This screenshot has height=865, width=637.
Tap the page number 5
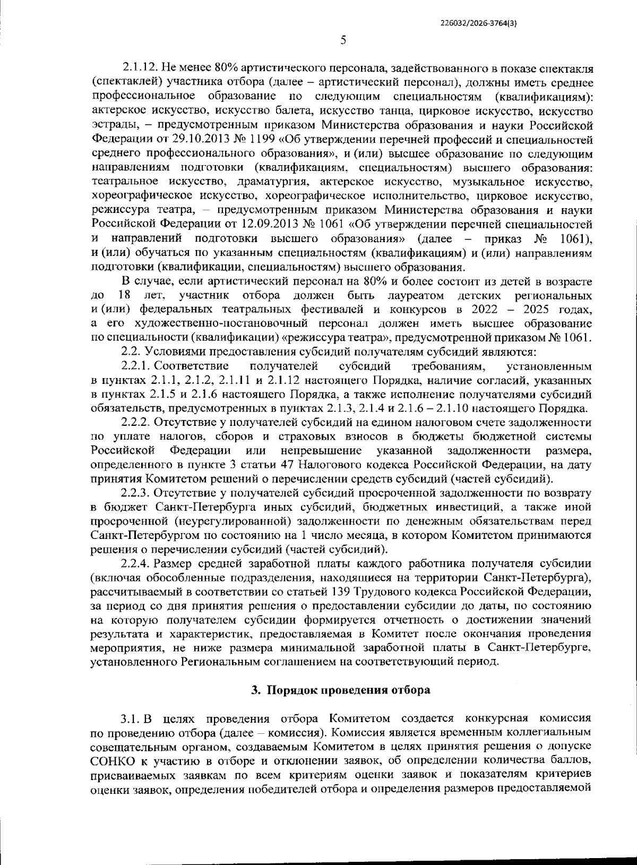tap(343, 40)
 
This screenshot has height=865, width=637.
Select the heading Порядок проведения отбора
tap(348, 690)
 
